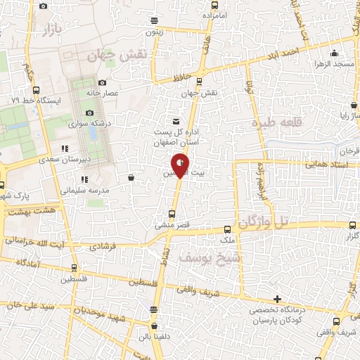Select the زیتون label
click(x=155, y=32)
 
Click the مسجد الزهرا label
click(x=336, y=64)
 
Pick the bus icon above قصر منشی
click(x=172, y=214)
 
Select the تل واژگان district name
click(x=274, y=222)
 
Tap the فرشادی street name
click(x=101, y=247)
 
